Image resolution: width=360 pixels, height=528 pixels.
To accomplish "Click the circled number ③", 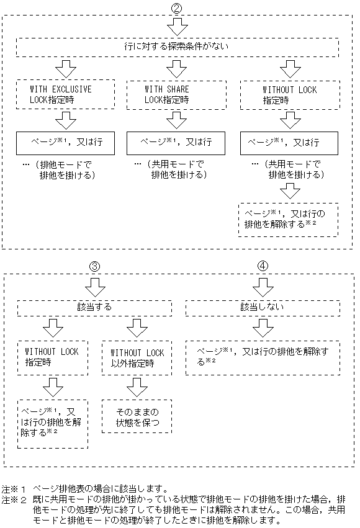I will (95, 266).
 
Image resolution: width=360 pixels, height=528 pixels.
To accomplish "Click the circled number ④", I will (263, 266).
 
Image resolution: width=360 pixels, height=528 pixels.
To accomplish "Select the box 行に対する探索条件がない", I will (178, 47).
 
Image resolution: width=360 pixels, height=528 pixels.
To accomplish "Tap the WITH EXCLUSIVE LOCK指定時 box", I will (66, 94).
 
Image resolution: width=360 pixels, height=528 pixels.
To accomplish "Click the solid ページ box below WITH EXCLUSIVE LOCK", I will (66, 143).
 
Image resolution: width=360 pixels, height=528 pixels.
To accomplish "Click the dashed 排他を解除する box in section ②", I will (289, 218).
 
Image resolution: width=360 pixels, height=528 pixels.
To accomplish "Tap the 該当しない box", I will (262, 307).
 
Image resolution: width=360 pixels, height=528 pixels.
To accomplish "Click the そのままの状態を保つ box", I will (137, 417).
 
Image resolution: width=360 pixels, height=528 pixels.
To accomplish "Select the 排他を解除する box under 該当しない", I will (263, 357).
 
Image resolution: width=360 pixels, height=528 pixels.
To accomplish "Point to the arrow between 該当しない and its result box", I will (263, 327).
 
